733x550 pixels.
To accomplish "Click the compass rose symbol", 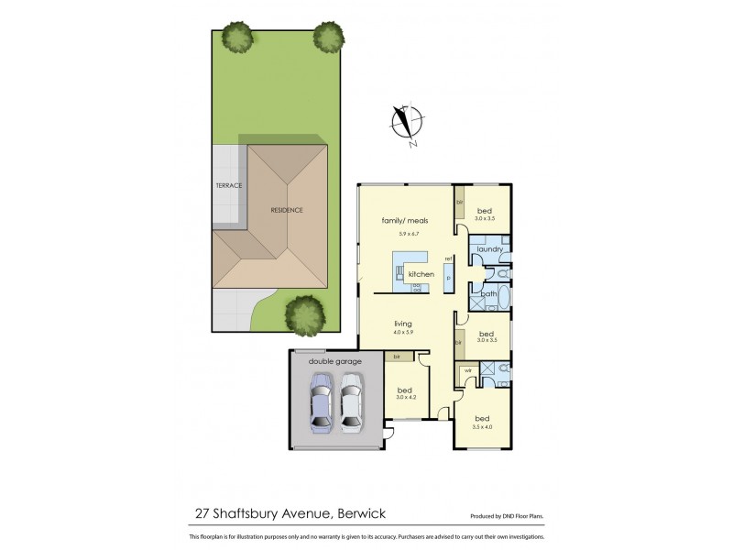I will [404, 125].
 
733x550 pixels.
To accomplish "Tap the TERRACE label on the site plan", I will [229, 186].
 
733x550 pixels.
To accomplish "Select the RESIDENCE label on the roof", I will [286, 210].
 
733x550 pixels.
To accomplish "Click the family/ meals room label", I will [399, 221].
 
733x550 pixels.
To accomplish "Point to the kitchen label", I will [421, 274].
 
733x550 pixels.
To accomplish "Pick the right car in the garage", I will [351, 407].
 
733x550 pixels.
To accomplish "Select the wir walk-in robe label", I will [466, 370].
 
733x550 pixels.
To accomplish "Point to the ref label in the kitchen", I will [449, 258].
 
